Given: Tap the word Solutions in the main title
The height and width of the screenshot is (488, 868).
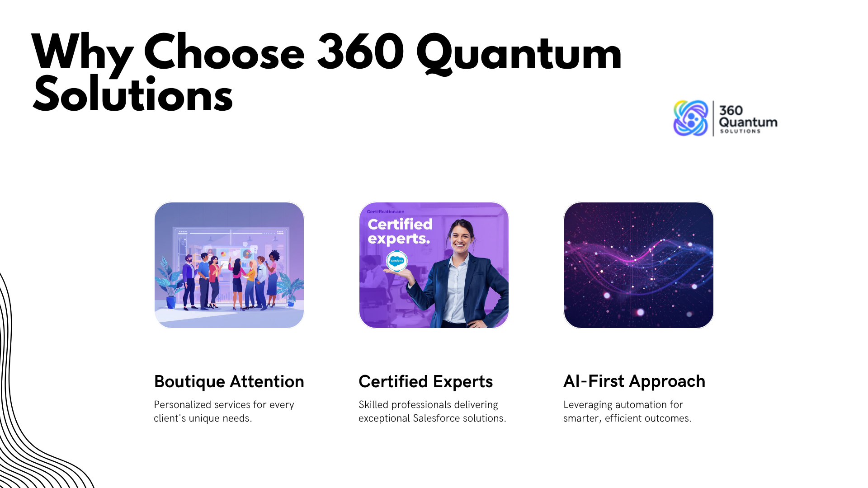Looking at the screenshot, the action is coord(133,94).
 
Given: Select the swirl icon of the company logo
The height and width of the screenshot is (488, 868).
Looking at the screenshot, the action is coord(690,118).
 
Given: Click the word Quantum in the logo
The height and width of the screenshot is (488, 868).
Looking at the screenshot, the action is coord(748,122).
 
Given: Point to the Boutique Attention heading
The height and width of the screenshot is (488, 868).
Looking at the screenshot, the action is coord(229,382).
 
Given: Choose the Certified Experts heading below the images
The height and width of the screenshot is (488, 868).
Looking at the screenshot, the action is coord(425,382).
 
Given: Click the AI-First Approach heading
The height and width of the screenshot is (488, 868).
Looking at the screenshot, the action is coord(634,382).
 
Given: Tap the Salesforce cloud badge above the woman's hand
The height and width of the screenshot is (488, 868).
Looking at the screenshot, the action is coord(396,261).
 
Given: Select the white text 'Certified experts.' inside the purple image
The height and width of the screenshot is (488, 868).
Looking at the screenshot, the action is coord(400,231).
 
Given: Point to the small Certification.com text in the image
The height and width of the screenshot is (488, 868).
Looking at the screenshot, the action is coord(386,211).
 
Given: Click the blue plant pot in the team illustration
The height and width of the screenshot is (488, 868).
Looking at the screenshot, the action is coord(171,302).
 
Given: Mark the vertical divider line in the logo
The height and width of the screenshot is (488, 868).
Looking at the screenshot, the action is coord(713,118).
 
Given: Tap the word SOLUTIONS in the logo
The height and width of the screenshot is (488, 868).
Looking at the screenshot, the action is coord(740,131).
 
